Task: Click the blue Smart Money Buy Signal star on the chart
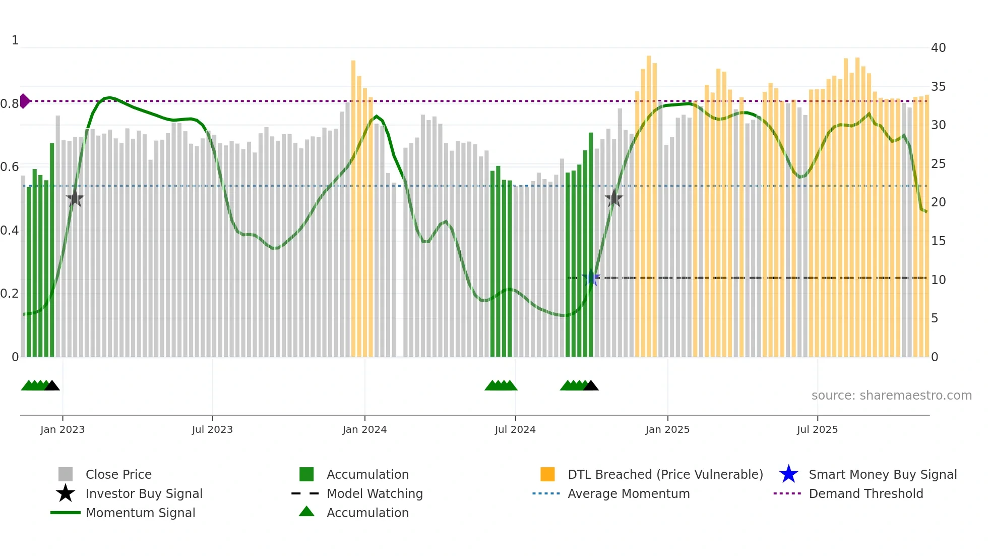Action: [591, 277]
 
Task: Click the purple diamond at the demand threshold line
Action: [24, 101]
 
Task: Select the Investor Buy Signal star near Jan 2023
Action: [75, 198]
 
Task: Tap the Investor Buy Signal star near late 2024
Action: [614, 198]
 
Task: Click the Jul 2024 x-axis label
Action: [515, 429]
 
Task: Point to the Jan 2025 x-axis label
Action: [667, 429]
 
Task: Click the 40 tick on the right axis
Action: [938, 48]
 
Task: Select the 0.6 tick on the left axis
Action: [10, 167]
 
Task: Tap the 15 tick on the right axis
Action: [938, 241]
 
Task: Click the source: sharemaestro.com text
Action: [891, 396]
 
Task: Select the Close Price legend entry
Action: [118, 474]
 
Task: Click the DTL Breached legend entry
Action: [665, 474]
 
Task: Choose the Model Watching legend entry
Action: [375, 493]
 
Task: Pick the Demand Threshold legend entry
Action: [866, 493]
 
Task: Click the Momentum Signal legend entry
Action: [140, 513]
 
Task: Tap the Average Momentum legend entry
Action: [628, 493]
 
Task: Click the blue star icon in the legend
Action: [788, 474]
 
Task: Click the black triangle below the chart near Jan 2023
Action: [52, 386]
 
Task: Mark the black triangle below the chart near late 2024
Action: [591, 386]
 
